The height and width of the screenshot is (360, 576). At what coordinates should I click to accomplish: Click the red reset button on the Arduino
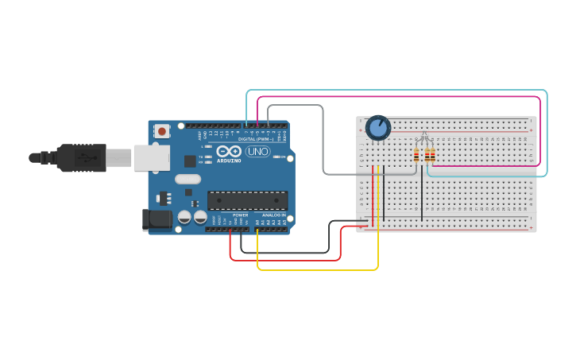pyautogui.click(x=162, y=131)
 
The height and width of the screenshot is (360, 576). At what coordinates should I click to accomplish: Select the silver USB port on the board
pyautogui.click(x=151, y=157)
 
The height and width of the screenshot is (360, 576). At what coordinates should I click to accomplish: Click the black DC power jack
pyautogui.click(x=157, y=219)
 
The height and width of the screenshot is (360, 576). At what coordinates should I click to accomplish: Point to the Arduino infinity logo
pyautogui.click(x=229, y=151)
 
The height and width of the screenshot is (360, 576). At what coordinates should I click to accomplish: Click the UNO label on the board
pyautogui.click(x=257, y=151)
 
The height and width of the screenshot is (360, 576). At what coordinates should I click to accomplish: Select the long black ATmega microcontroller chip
pyautogui.click(x=247, y=200)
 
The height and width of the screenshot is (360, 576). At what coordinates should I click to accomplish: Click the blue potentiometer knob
pyautogui.click(x=377, y=127)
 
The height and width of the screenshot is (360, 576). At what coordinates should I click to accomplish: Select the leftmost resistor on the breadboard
pyautogui.click(x=416, y=155)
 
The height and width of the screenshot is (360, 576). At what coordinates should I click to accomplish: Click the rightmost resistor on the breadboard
pyautogui.click(x=433, y=155)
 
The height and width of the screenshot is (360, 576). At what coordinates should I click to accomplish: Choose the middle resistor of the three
pyautogui.click(x=427, y=155)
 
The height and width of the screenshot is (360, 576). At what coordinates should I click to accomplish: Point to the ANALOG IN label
pyautogui.click(x=273, y=215)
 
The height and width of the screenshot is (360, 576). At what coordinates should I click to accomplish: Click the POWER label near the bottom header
pyautogui.click(x=241, y=215)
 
